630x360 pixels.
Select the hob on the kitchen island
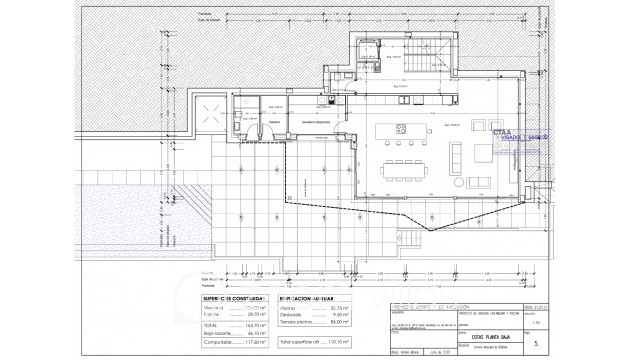(x=401, y=130)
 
